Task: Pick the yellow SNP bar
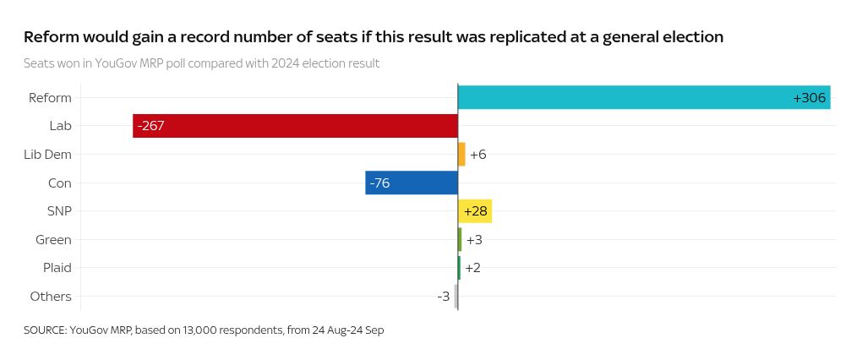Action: click(x=475, y=211)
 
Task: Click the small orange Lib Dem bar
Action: click(x=461, y=154)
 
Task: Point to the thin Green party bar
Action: click(x=460, y=239)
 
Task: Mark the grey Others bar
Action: click(x=456, y=297)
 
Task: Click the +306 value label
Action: click(x=809, y=98)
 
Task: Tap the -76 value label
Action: click(x=379, y=183)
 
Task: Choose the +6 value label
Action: click(x=477, y=155)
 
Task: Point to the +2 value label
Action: click(x=473, y=268)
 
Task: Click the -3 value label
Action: click(x=444, y=297)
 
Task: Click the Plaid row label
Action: click(x=57, y=268)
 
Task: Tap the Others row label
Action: click(x=51, y=297)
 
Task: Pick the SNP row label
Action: click(x=59, y=211)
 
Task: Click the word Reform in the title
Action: click(x=52, y=37)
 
